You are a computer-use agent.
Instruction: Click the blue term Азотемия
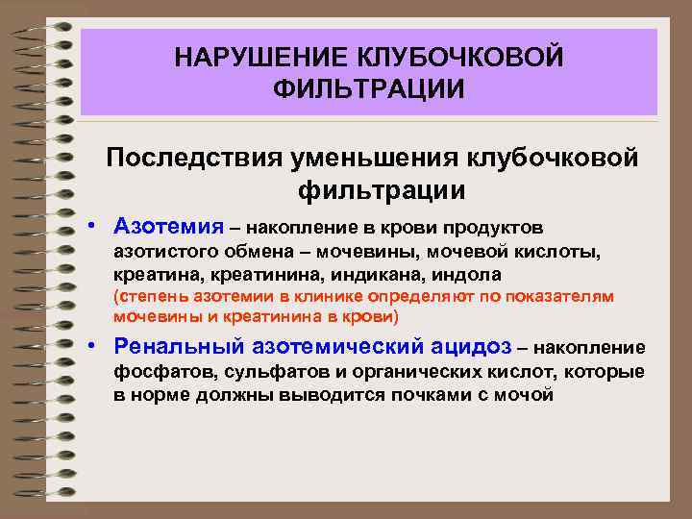click(x=165, y=227)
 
